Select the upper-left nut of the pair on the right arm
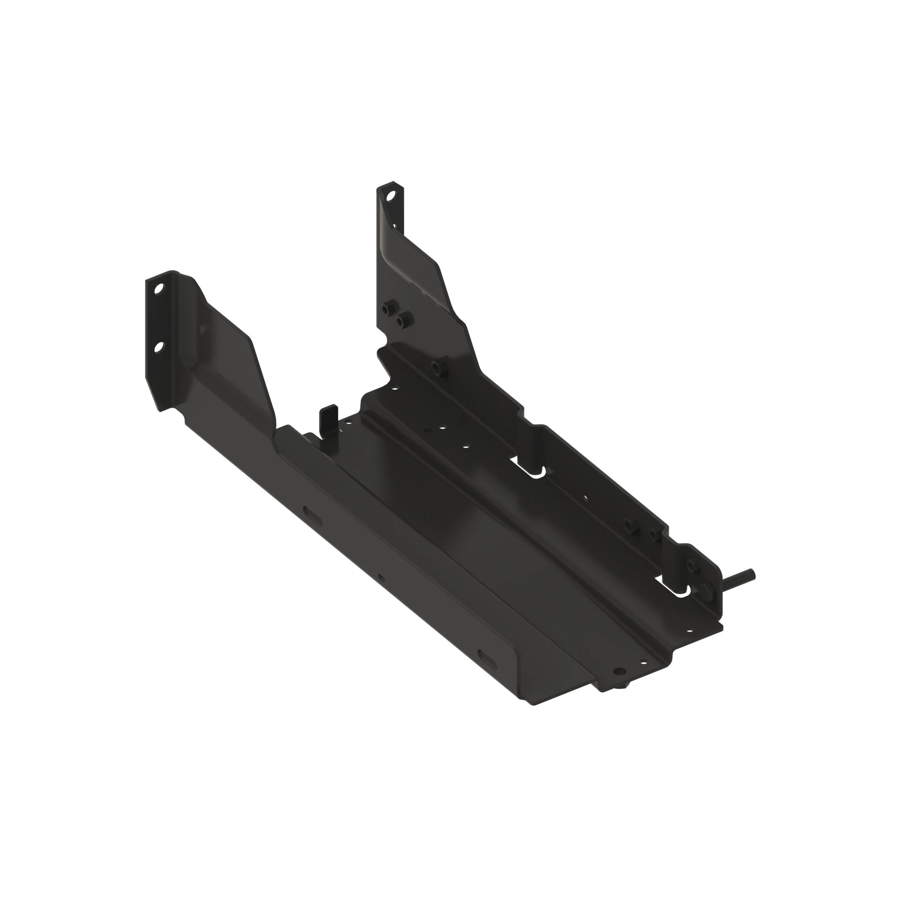click(x=390, y=308)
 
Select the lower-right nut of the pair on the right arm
click(x=403, y=322)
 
